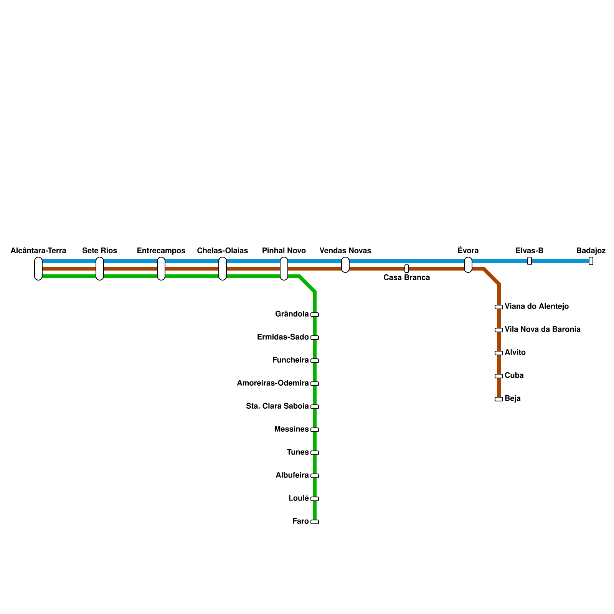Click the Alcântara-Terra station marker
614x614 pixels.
click(x=38, y=269)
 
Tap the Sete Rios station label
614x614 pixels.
click(x=100, y=251)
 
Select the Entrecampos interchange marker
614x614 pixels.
click(x=161, y=269)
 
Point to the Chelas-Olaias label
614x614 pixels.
click(x=223, y=251)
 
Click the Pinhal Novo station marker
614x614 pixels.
click(x=284, y=269)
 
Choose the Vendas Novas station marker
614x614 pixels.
click(x=345, y=265)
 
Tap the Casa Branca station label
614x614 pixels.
click(x=407, y=278)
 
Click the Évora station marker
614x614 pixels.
click(x=468, y=265)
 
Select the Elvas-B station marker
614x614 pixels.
click(x=530, y=261)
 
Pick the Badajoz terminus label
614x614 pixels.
click(x=591, y=251)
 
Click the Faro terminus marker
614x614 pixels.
click(x=315, y=522)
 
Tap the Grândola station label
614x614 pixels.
click(x=292, y=314)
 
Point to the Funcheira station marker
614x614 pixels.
click(x=315, y=361)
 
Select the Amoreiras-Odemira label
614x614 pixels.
click(x=273, y=383)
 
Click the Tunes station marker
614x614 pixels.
click(x=315, y=453)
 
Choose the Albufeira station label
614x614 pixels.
click(x=292, y=475)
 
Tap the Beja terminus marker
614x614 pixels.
click(x=499, y=399)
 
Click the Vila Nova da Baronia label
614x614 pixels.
click(x=542, y=330)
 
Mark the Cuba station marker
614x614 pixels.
click(x=499, y=376)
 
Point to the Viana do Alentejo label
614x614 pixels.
click(x=536, y=307)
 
